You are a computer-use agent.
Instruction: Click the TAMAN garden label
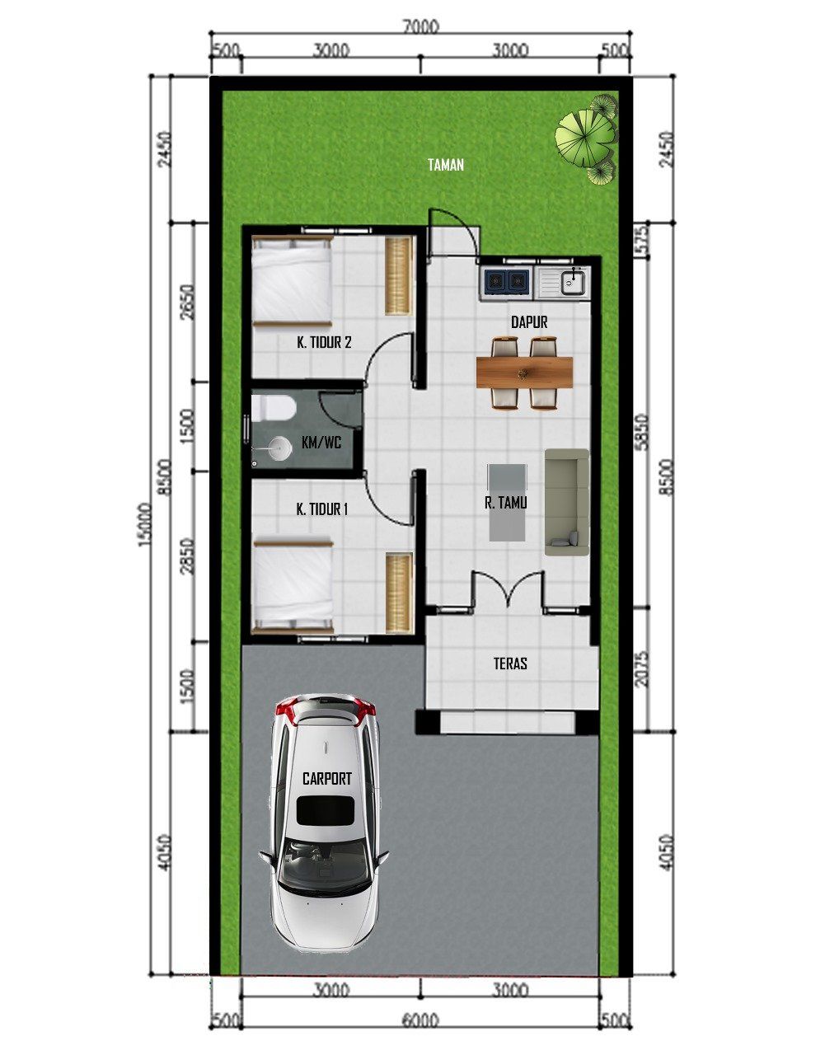(446, 165)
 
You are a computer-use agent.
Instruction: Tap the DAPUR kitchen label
(529, 322)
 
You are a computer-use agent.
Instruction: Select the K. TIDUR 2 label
(324, 342)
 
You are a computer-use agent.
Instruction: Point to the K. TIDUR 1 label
(321, 509)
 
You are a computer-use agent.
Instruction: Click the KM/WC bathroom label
(321, 443)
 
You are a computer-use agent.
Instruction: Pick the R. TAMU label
(506, 503)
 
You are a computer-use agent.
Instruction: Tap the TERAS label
(510, 663)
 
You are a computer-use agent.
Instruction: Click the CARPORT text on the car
(326, 779)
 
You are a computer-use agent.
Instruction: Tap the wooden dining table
(524, 373)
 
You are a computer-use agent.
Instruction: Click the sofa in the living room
(567, 502)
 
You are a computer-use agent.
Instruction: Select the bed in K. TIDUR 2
(292, 282)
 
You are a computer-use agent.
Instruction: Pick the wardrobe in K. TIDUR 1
(399, 593)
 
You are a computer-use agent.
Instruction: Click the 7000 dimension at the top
(420, 26)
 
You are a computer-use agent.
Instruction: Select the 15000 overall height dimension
(145, 524)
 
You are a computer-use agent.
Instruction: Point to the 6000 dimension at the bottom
(420, 1020)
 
